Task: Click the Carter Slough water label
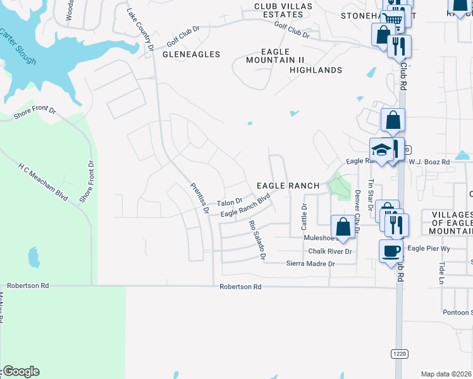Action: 18,46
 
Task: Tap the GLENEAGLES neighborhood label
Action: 192,54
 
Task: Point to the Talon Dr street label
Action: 230,203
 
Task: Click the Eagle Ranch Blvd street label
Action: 245,206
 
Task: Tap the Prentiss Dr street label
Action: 199,198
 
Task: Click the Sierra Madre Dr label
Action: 310,263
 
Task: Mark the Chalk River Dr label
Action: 329,251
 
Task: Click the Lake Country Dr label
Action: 140,30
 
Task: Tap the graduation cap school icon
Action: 381,150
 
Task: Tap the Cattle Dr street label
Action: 304,216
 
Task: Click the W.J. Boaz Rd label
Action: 429,162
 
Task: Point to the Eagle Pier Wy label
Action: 429,249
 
